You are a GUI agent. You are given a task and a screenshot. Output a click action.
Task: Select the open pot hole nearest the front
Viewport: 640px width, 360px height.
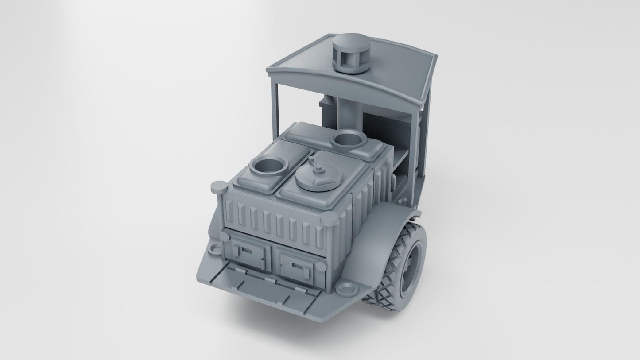pos(266,167)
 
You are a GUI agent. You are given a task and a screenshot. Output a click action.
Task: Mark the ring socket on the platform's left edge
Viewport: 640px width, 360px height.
pos(213,248)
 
